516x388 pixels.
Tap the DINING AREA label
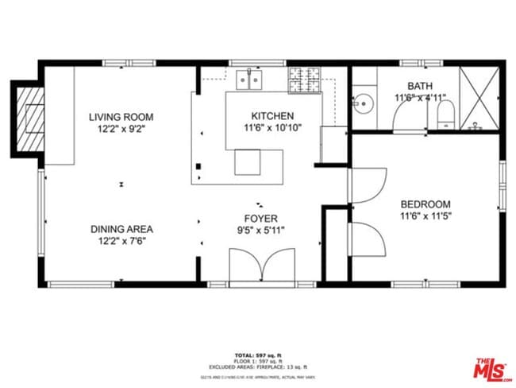121,228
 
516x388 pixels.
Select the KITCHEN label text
272,116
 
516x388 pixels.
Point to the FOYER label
261,218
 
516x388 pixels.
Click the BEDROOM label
425,204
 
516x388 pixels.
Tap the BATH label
421,86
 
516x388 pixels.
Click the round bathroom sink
364,103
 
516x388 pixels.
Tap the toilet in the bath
444,111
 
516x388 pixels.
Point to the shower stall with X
479,99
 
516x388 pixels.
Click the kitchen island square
248,163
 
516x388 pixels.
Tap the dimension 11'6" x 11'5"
425,215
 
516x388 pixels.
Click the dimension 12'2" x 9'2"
121,128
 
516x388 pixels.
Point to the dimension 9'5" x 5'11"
261,230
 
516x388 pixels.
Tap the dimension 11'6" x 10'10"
272,127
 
